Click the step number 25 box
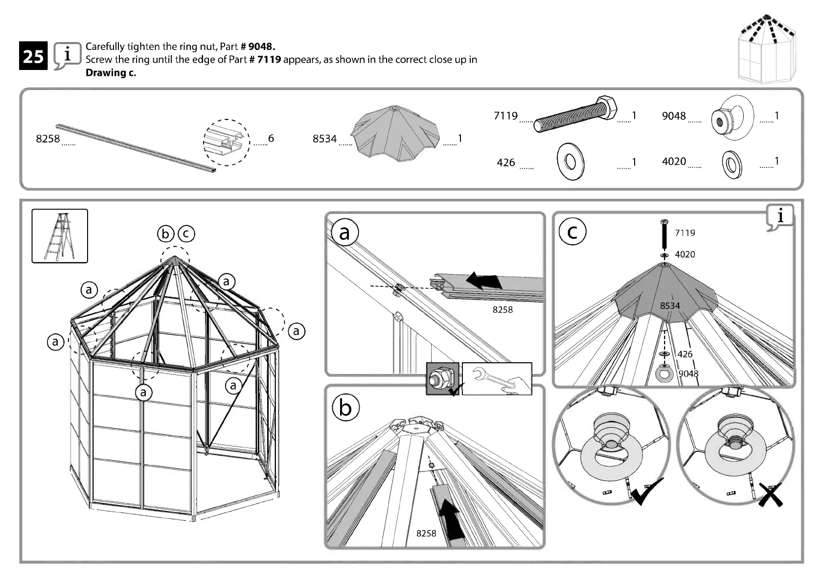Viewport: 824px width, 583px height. pos(33,56)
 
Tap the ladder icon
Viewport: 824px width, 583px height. pos(60,236)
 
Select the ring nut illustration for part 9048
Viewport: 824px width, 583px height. pos(732,117)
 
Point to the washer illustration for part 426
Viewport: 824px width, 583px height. pos(570,161)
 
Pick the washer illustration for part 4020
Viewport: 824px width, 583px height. pos(732,163)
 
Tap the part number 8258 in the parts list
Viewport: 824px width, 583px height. pos(48,139)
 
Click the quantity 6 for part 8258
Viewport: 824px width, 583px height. pos(271,139)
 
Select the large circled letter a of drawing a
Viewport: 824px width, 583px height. pos(344,233)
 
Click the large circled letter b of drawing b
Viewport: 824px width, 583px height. pos(345,408)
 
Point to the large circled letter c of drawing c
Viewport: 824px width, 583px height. pos(572,233)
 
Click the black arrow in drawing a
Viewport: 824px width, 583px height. pos(484,280)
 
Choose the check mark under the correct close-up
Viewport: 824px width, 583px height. pos(647,491)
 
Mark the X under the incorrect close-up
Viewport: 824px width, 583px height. pos(770,494)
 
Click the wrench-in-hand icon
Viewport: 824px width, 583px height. pos(497,378)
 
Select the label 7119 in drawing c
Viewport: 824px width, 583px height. pos(685,233)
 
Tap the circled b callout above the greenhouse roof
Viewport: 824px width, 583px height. pos(165,234)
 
